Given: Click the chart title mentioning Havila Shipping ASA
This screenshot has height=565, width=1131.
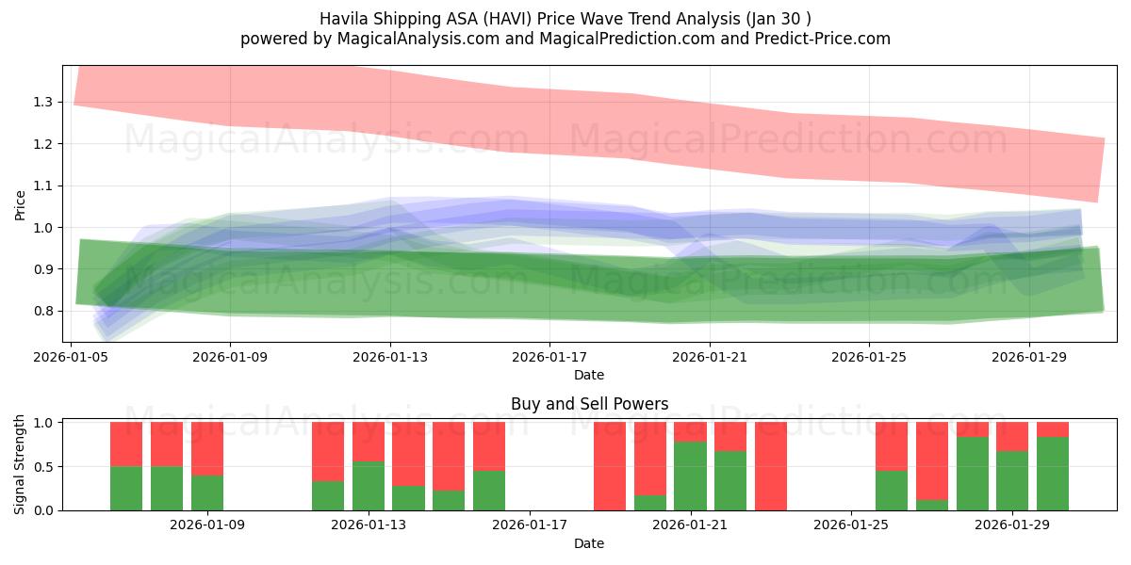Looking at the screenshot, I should (565, 18).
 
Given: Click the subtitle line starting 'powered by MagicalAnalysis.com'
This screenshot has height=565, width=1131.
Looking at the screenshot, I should (565, 39).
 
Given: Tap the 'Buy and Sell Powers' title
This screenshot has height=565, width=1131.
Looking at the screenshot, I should (589, 404).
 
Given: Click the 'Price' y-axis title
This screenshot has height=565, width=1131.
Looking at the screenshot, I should (21, 204).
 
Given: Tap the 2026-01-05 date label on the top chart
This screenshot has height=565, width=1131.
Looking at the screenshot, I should (72, 358).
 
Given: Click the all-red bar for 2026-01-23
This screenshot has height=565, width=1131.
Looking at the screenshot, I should (771, 466).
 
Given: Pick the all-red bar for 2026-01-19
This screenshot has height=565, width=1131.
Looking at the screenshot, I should (610, 466).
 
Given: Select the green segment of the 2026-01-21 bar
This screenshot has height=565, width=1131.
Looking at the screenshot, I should (690, 476).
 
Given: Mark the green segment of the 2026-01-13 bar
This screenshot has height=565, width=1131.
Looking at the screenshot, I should (369, 486).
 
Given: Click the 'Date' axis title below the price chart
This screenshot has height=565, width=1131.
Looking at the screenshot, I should (589, 375).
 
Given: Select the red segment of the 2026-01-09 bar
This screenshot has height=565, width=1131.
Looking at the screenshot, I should (207, 448).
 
